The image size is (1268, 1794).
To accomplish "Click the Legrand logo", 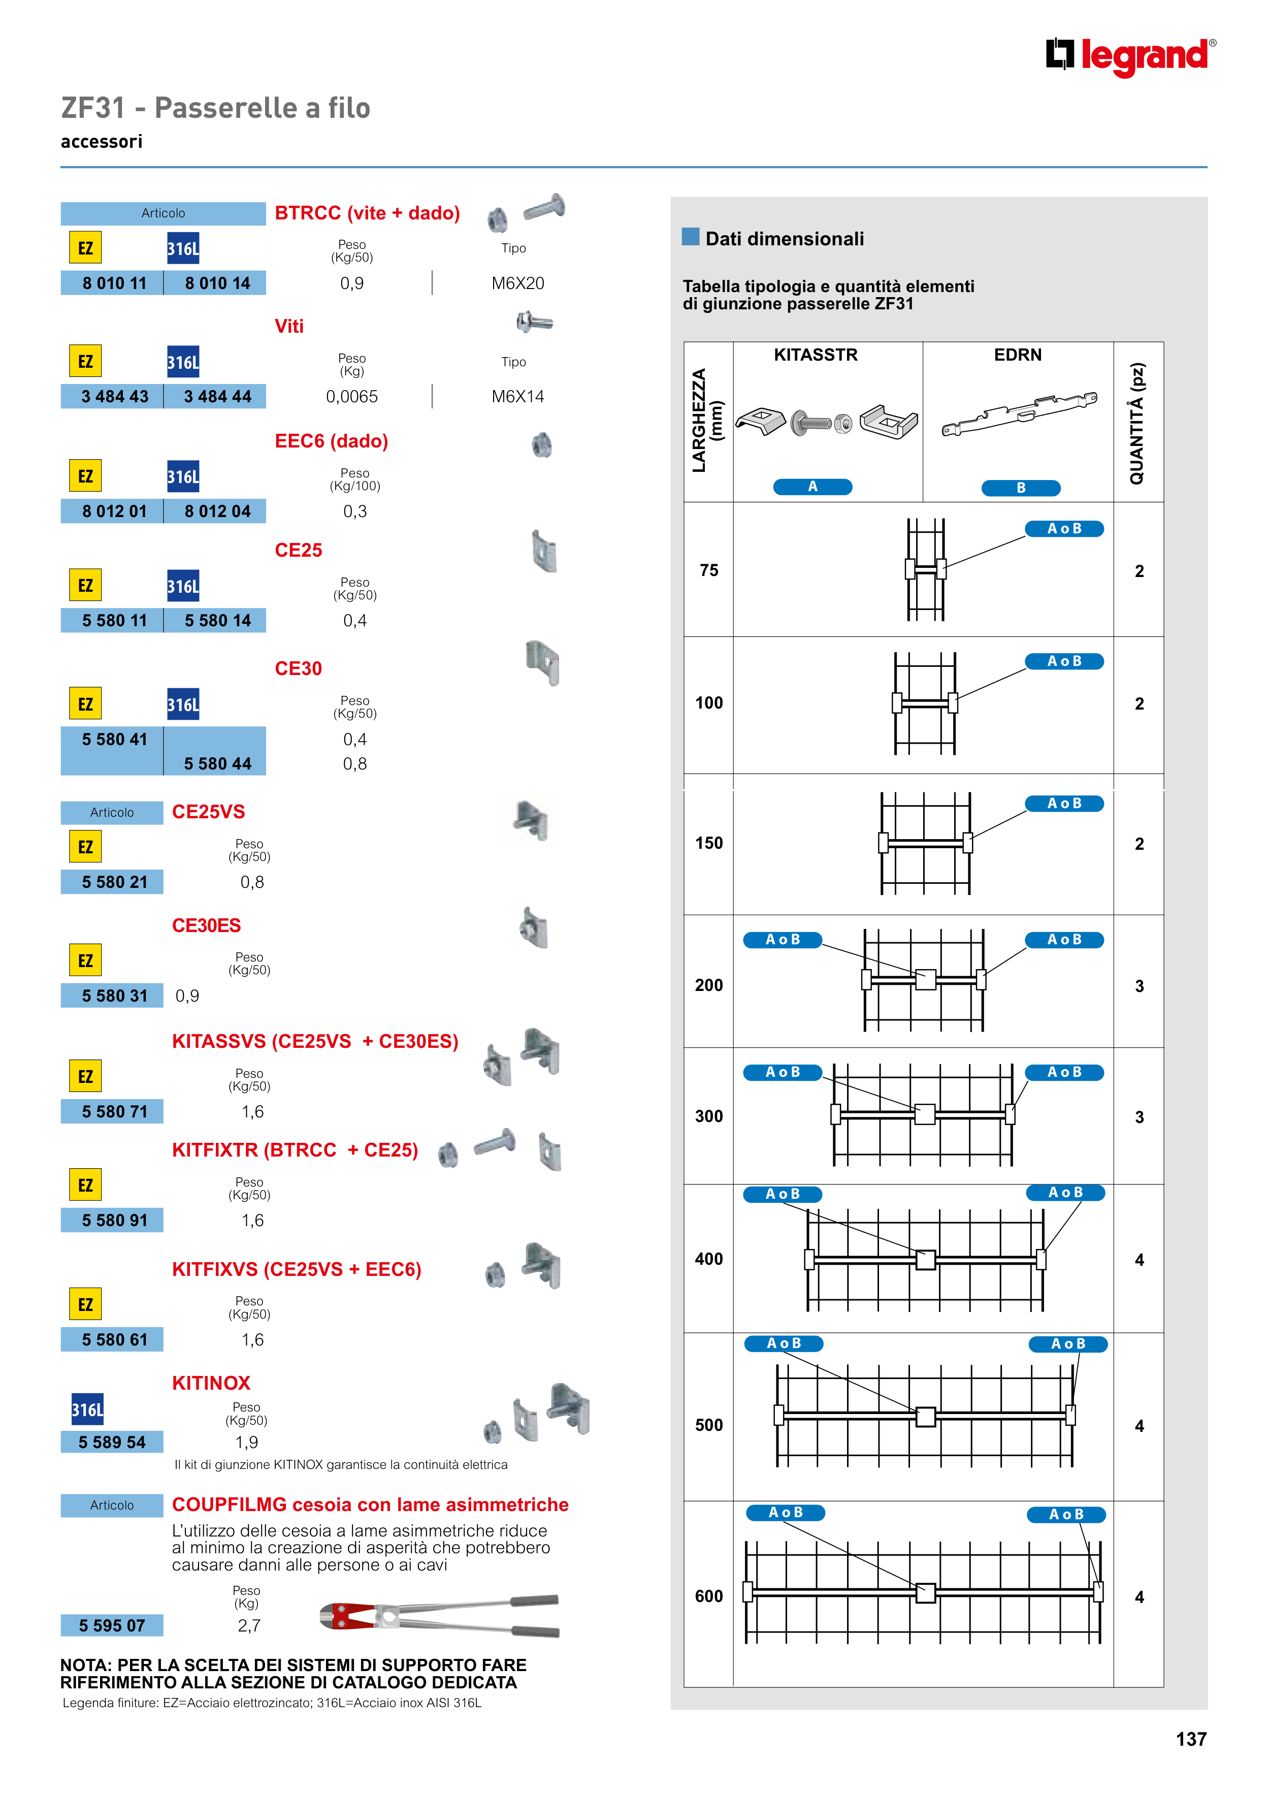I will [1130, 56].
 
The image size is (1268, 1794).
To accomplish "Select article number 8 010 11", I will [114, 283].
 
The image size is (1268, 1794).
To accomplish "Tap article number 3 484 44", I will [217, 396].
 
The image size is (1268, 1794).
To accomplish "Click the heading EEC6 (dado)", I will [331, 441].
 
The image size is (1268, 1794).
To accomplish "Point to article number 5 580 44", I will [217, 763].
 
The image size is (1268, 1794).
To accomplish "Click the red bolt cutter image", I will [439, 1615].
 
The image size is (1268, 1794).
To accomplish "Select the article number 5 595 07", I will [112, 1625].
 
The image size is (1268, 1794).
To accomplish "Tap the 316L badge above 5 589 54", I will [87, 1409].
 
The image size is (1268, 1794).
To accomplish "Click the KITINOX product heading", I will [211, 1383].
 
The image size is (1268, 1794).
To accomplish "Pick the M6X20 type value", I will [517, 283].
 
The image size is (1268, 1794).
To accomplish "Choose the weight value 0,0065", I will [351, 396].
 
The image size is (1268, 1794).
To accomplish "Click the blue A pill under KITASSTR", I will [812, 487].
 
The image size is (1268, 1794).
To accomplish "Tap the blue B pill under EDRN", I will [1020, 488].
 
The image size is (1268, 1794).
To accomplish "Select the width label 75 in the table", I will [708, 570].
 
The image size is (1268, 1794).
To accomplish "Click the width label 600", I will [708, 1596].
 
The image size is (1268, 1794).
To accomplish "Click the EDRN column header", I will [1017, 355].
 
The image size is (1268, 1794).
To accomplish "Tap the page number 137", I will [1191, 1739].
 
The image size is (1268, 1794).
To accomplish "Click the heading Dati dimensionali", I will [785, 238].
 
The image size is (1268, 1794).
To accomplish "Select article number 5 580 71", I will [114, 1111].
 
